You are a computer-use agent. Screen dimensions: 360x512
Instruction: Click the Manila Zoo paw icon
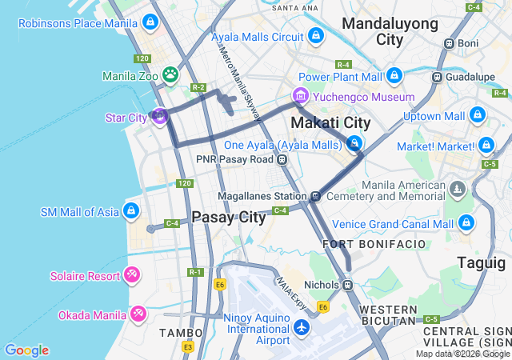(170, 75)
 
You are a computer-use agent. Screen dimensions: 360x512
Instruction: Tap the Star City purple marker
(159, 117)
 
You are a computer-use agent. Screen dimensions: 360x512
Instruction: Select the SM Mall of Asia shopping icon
(132, 212)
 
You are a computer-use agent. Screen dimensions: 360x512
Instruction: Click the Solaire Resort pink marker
(132, 275)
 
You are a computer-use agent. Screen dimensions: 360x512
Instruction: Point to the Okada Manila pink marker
(138, 314)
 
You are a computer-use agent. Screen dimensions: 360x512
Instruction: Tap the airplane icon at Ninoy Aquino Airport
(302, 328)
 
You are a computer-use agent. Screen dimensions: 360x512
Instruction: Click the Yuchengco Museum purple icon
(300, 97)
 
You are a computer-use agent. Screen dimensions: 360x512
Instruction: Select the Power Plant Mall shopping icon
(394, 76)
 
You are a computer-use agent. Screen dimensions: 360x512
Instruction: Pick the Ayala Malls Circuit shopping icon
(317, 36)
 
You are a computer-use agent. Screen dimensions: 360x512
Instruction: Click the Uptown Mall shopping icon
(478, 116)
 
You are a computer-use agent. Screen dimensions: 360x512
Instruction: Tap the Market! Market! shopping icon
(486, 146)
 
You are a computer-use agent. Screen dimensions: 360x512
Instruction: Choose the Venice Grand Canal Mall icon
(467, 223)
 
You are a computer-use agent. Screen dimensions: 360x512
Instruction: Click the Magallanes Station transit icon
(316, 195)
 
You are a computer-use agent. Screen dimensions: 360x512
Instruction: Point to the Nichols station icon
(347, 284)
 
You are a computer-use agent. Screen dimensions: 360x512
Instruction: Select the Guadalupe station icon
(437, 77)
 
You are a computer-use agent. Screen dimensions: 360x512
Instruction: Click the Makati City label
(330, 122)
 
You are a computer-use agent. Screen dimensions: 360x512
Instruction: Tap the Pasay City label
(229, 217)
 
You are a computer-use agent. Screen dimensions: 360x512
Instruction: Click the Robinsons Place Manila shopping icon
(150, 22)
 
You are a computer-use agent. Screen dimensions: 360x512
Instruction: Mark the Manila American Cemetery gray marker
(457, 190)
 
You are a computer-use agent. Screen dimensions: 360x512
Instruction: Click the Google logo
(26, 350)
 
